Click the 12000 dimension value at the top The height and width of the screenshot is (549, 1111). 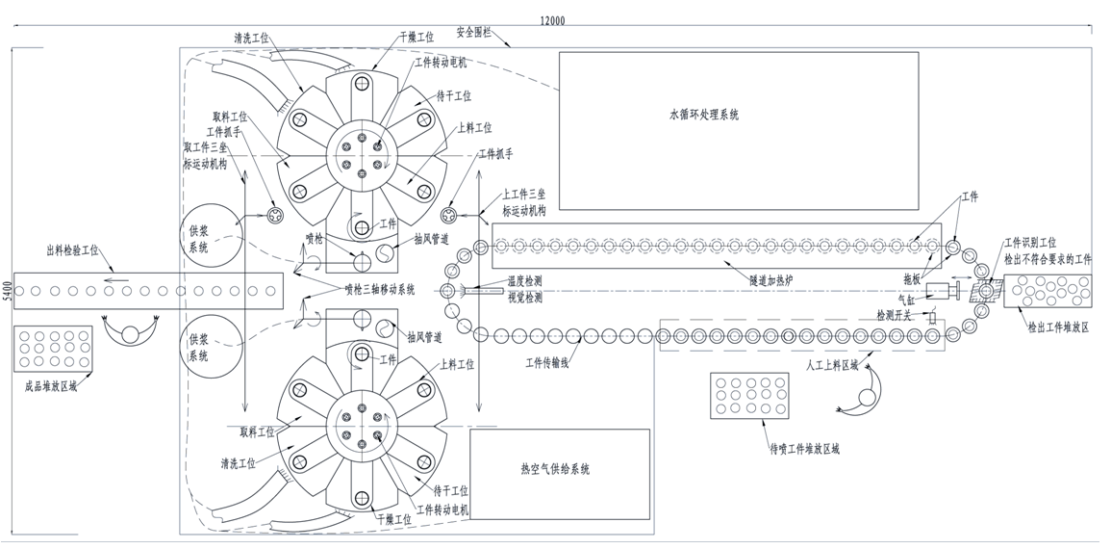coord(551,20)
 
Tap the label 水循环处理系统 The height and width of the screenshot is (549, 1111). coord(704,115)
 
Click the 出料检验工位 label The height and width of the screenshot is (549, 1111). coord(72,252)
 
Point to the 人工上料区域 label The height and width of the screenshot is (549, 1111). coord(831,367)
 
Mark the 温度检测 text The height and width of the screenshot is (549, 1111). coord(524,281)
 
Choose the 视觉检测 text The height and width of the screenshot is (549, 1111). coord(524,298)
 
